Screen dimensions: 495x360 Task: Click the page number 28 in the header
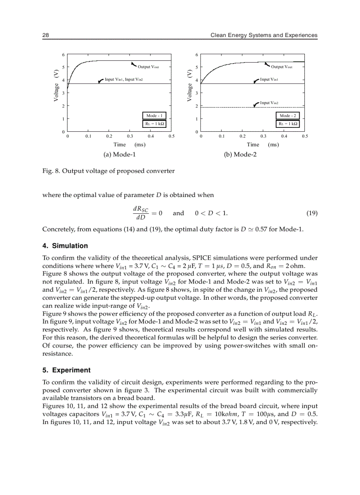point(45,35)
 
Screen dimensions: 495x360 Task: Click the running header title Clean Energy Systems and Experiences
point(264,35)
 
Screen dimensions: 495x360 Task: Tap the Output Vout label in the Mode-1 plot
point(148,67)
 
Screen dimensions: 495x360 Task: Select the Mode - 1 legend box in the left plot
point(155,115)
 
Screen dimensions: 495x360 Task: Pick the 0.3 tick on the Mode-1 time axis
point(130,137)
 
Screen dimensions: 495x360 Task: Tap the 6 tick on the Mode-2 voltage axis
point(197,55)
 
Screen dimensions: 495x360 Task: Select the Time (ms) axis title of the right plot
point(262,145)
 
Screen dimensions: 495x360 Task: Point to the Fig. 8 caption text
point(108,171)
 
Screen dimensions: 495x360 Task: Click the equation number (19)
point(311,213)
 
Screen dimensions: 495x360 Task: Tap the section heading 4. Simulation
point(65,246)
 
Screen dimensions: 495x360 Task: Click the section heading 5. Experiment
point(66,370)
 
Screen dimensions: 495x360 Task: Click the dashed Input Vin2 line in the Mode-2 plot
point(229,108)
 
